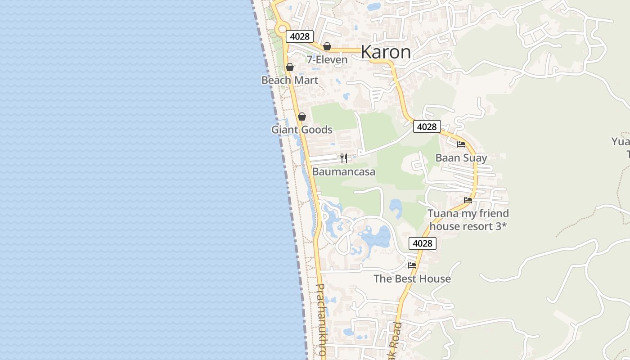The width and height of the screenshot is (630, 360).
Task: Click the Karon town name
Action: click(x=386, y=52)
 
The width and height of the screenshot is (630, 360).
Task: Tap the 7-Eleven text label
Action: click(x=327, y=60)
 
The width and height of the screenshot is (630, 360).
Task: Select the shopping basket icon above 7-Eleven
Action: click(x=327, y=46)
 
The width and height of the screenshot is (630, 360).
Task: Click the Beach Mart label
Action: click(x=290, y=81)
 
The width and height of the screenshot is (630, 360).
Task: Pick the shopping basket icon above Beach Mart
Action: click(x=290, y=67)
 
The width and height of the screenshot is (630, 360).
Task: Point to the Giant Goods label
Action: click(x=301, y=130)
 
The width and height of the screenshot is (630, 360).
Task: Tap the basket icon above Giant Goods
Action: click(x=302, y=117)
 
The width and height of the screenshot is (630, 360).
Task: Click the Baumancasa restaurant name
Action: click(x=344, y=172)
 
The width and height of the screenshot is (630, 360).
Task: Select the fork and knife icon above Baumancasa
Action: click(x=344, y=158)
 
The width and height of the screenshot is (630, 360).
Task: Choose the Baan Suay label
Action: click(x=461, y=158)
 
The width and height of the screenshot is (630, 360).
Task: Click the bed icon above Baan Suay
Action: click(x=461, y=144)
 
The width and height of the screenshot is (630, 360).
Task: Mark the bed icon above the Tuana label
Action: click(x=468, y=200)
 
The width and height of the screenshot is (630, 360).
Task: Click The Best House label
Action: click(x=412, y=279)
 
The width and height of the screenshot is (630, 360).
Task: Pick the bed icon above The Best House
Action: click(x=412, y=265)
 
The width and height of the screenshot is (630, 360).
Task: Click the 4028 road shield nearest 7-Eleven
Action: click(x=300, y=36)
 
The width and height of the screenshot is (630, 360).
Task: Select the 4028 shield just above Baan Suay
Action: click(x=427, y=127)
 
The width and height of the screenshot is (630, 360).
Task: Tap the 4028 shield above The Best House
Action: click(x=422, y=243)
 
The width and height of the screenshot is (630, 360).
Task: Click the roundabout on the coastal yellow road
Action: click(x=282, y=29)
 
